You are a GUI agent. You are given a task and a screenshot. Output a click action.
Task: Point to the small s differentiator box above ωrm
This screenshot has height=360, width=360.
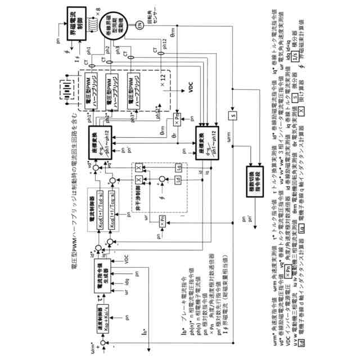(x=231, y=116)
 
